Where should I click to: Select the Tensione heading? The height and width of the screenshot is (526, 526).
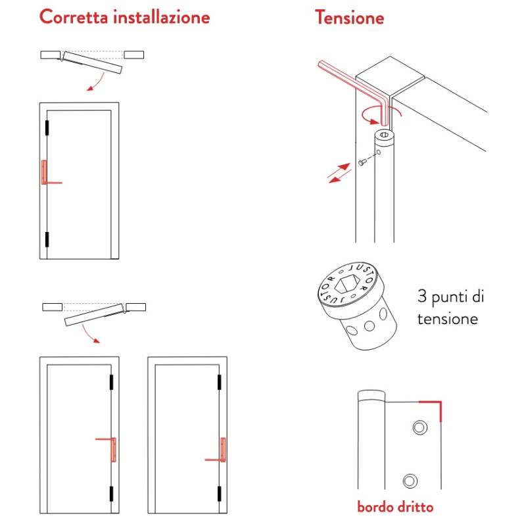click(349, 17)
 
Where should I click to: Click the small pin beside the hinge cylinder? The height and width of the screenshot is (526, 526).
click(362, 162)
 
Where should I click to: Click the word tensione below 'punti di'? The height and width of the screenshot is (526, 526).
click(448, 319)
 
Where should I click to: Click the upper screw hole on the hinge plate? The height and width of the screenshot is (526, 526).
click(418, 428)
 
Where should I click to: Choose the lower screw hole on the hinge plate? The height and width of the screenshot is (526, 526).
click(411, 479)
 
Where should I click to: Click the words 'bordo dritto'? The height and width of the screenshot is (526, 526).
click(395, 507)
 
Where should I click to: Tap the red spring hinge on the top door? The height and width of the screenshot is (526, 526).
click(44, 174)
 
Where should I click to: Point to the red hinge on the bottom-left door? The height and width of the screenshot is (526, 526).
click(114, 450)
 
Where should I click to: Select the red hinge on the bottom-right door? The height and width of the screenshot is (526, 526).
click(222, 450)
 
